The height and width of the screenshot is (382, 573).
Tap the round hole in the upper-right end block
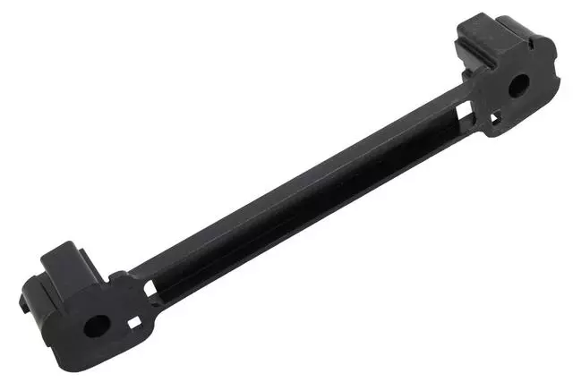517,87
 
